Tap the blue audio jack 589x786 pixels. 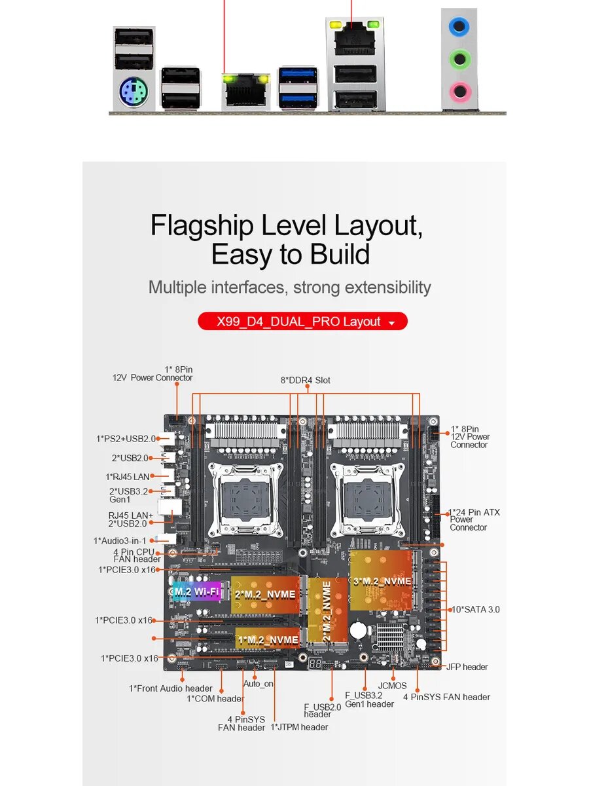point(460,26)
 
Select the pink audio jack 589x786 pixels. point(460,91)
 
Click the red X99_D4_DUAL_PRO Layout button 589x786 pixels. point(302,322)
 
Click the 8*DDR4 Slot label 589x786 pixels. point(305,381)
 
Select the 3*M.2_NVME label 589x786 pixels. point(382,581)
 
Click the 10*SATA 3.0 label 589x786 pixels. point(476,609)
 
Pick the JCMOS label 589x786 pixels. point(392,686)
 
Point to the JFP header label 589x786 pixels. point(467,667)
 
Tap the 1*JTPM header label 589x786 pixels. point(300,727)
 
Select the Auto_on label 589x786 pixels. point(259,684)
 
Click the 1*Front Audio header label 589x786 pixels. point(171,688)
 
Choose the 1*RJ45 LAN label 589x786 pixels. point(128,477)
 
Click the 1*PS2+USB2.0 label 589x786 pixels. point(126,439)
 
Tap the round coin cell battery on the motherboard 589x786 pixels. point(358,630)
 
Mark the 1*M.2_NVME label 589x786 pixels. point(268,639)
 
